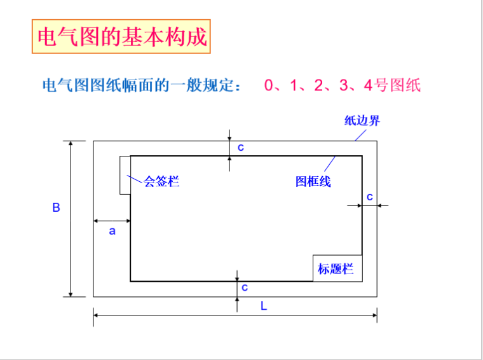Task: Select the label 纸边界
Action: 362,121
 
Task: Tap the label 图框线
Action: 313,182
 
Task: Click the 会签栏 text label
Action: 161,182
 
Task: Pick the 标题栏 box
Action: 336,268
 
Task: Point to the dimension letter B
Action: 56,207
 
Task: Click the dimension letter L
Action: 264,306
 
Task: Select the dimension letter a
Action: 112,231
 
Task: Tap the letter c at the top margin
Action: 241,147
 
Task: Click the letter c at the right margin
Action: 370,197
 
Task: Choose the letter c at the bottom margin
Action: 245,287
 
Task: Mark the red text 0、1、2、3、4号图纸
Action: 343,85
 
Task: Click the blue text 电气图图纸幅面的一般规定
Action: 140,86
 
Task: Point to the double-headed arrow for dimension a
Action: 112,221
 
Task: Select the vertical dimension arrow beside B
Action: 71,218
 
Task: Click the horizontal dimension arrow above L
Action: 235,314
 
